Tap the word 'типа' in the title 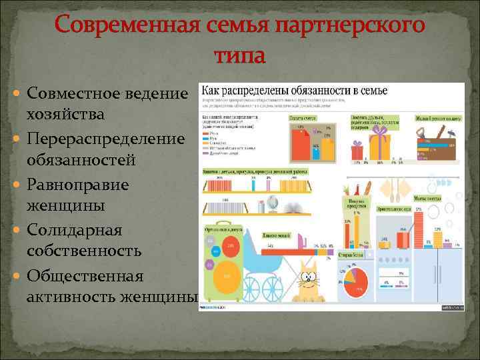pyautogui.click(x=239, y=54)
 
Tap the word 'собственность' pyautogui.click(x=84, y=251)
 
